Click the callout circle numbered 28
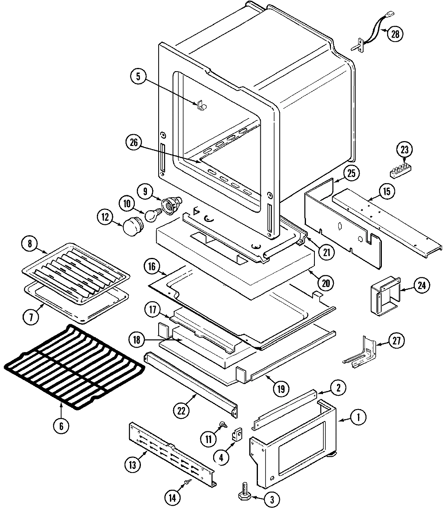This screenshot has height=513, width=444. coord(395,34)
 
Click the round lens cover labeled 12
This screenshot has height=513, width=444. coord(132,226)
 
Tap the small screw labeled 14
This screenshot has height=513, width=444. coord(187,482)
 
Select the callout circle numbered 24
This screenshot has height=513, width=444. coord(421,285)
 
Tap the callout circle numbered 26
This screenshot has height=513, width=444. coord(134,142)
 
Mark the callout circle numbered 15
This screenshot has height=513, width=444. coord(386,191)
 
